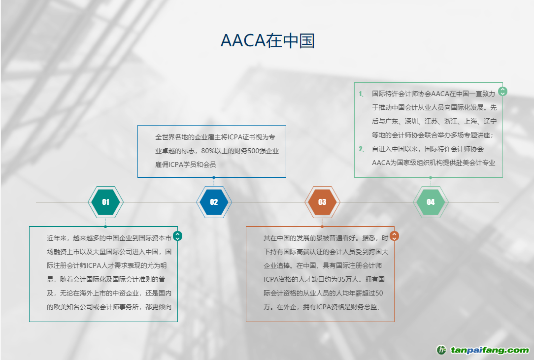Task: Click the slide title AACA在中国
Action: click(x=267, y=40)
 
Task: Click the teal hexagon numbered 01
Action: click(x=105, y=202)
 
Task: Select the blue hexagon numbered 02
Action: click(x=214, y=202)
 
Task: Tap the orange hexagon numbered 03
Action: click(x=322, y=202)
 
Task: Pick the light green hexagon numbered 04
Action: click(x=431, y=202)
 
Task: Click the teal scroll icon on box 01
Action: click(x=177, y=236)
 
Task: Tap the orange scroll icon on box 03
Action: click(x=394, y=236)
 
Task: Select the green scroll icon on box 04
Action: click(x=502, y=91)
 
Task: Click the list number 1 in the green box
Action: click(x=361, y=94)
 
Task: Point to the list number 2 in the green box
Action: click(x=361, y=149)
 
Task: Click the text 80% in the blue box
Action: click(x=208, y=151)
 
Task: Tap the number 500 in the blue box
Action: click(x=253, y=151)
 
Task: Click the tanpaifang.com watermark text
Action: click(x=490, y=350)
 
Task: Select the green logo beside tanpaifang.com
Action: click(x=441, y=350)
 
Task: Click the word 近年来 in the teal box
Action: click(x=57, y=238)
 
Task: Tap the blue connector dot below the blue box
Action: click(x=214, y=177)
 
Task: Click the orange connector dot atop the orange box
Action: click(x=322, y=227)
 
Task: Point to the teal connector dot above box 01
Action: click(x=105, y=227)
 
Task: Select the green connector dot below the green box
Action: click(x=431, y=177)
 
